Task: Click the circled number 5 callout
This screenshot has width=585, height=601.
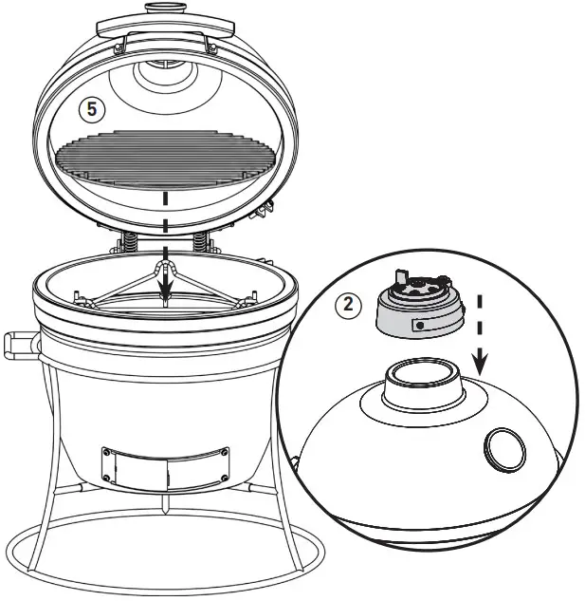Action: pos(91,110)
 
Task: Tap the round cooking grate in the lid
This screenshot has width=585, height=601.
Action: pos(167,157)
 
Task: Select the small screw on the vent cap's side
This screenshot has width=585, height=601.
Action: pos(417,325)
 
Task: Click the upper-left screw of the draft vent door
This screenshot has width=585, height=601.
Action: pos(106,452)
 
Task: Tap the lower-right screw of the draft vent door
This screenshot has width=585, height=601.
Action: pos(223,478)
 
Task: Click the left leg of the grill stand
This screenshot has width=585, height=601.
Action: pos(56,446)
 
